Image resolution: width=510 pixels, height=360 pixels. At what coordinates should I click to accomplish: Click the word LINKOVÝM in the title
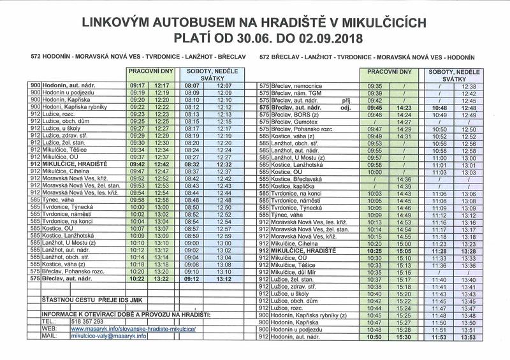click(x=117, y=22)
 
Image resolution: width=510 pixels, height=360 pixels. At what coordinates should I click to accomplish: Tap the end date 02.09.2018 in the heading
click(x=327, y=38)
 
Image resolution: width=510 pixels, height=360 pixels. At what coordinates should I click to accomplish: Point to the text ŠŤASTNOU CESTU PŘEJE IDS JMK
click(x=92, y=298)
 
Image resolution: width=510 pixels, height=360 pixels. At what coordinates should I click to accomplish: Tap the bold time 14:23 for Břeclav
click(x=404, y=108)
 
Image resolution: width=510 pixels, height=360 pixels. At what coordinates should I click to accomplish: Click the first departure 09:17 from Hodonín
click(x=138, y=85)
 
